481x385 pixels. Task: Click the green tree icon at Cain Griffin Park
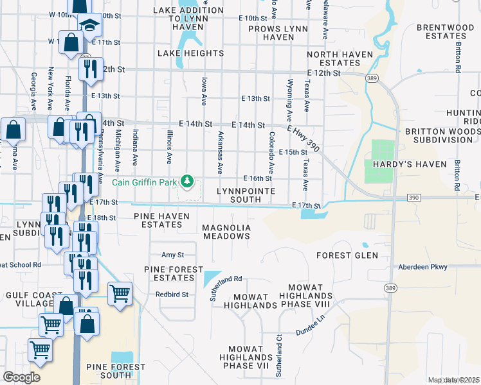(x=188, y=182)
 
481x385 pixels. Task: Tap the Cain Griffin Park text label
(x=147, y=182)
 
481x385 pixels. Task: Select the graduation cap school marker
(x=90, y=26)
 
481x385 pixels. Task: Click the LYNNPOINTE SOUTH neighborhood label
(x=246, y=195)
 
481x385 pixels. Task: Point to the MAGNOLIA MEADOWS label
(x=226, y=232)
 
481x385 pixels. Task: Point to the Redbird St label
(x=171, y=295)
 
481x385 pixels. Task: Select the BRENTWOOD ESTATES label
(x=445, y=32)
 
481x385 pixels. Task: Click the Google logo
(x=21, y=377)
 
